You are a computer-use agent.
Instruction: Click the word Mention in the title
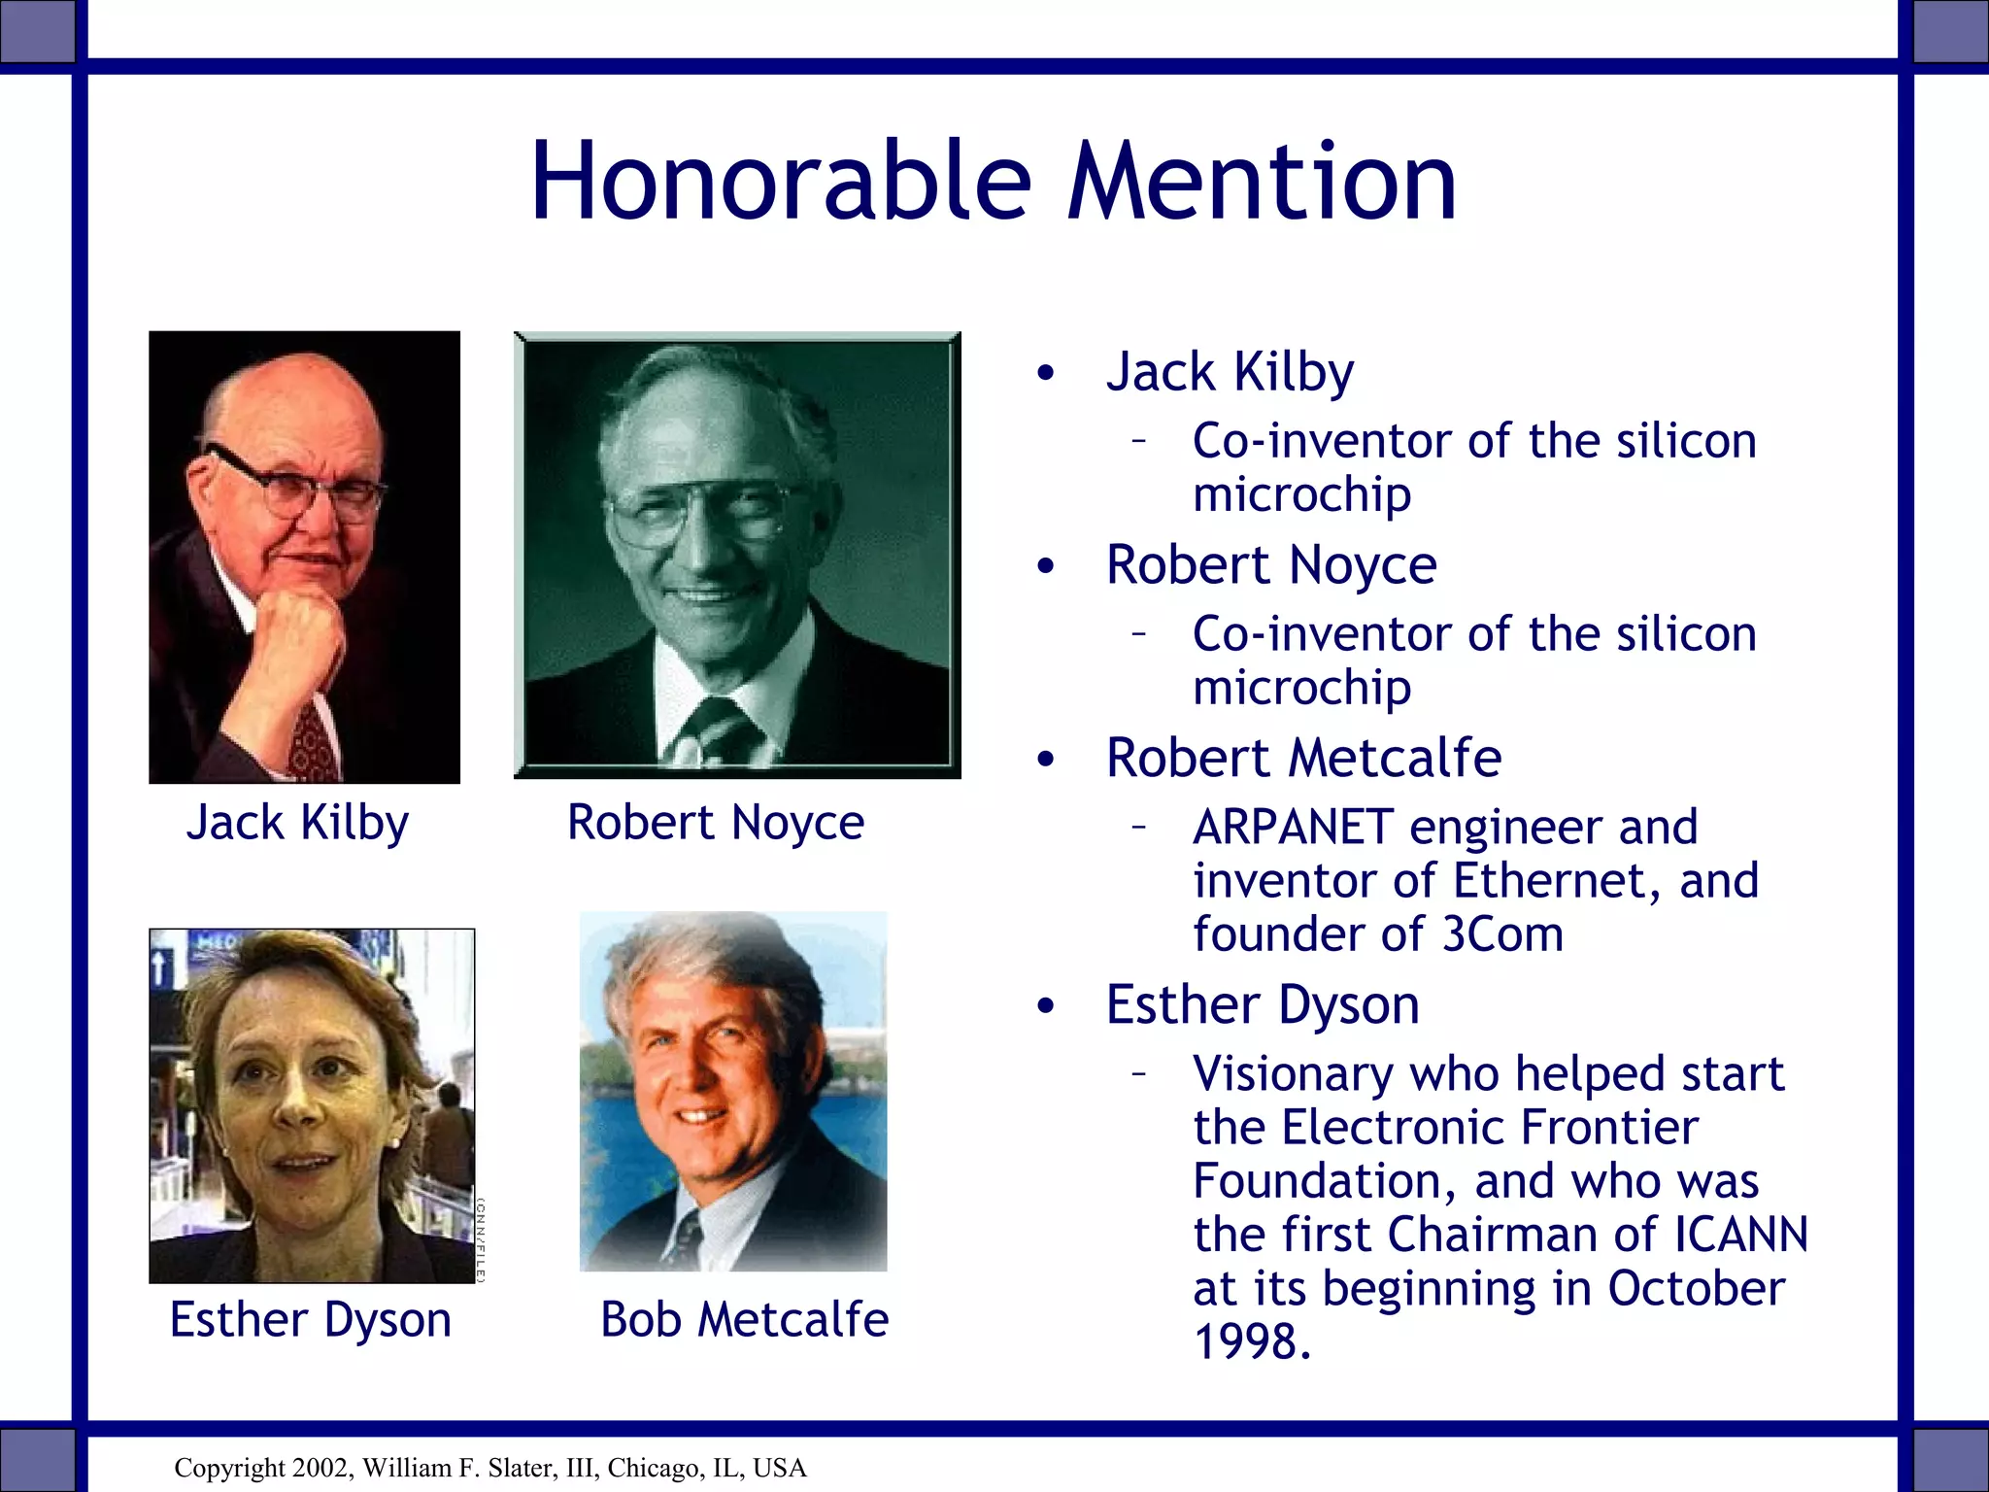point(1262,182)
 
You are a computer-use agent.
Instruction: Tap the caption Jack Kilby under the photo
point(297,823)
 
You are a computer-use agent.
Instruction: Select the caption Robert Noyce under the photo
point(715,823)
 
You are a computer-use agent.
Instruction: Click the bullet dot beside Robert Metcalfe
point(1045,760)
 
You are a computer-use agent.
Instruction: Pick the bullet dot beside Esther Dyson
point(1045,1006)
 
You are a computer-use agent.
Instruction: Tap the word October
point(1696,1289)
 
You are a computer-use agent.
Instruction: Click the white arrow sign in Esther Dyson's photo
point(161,967)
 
